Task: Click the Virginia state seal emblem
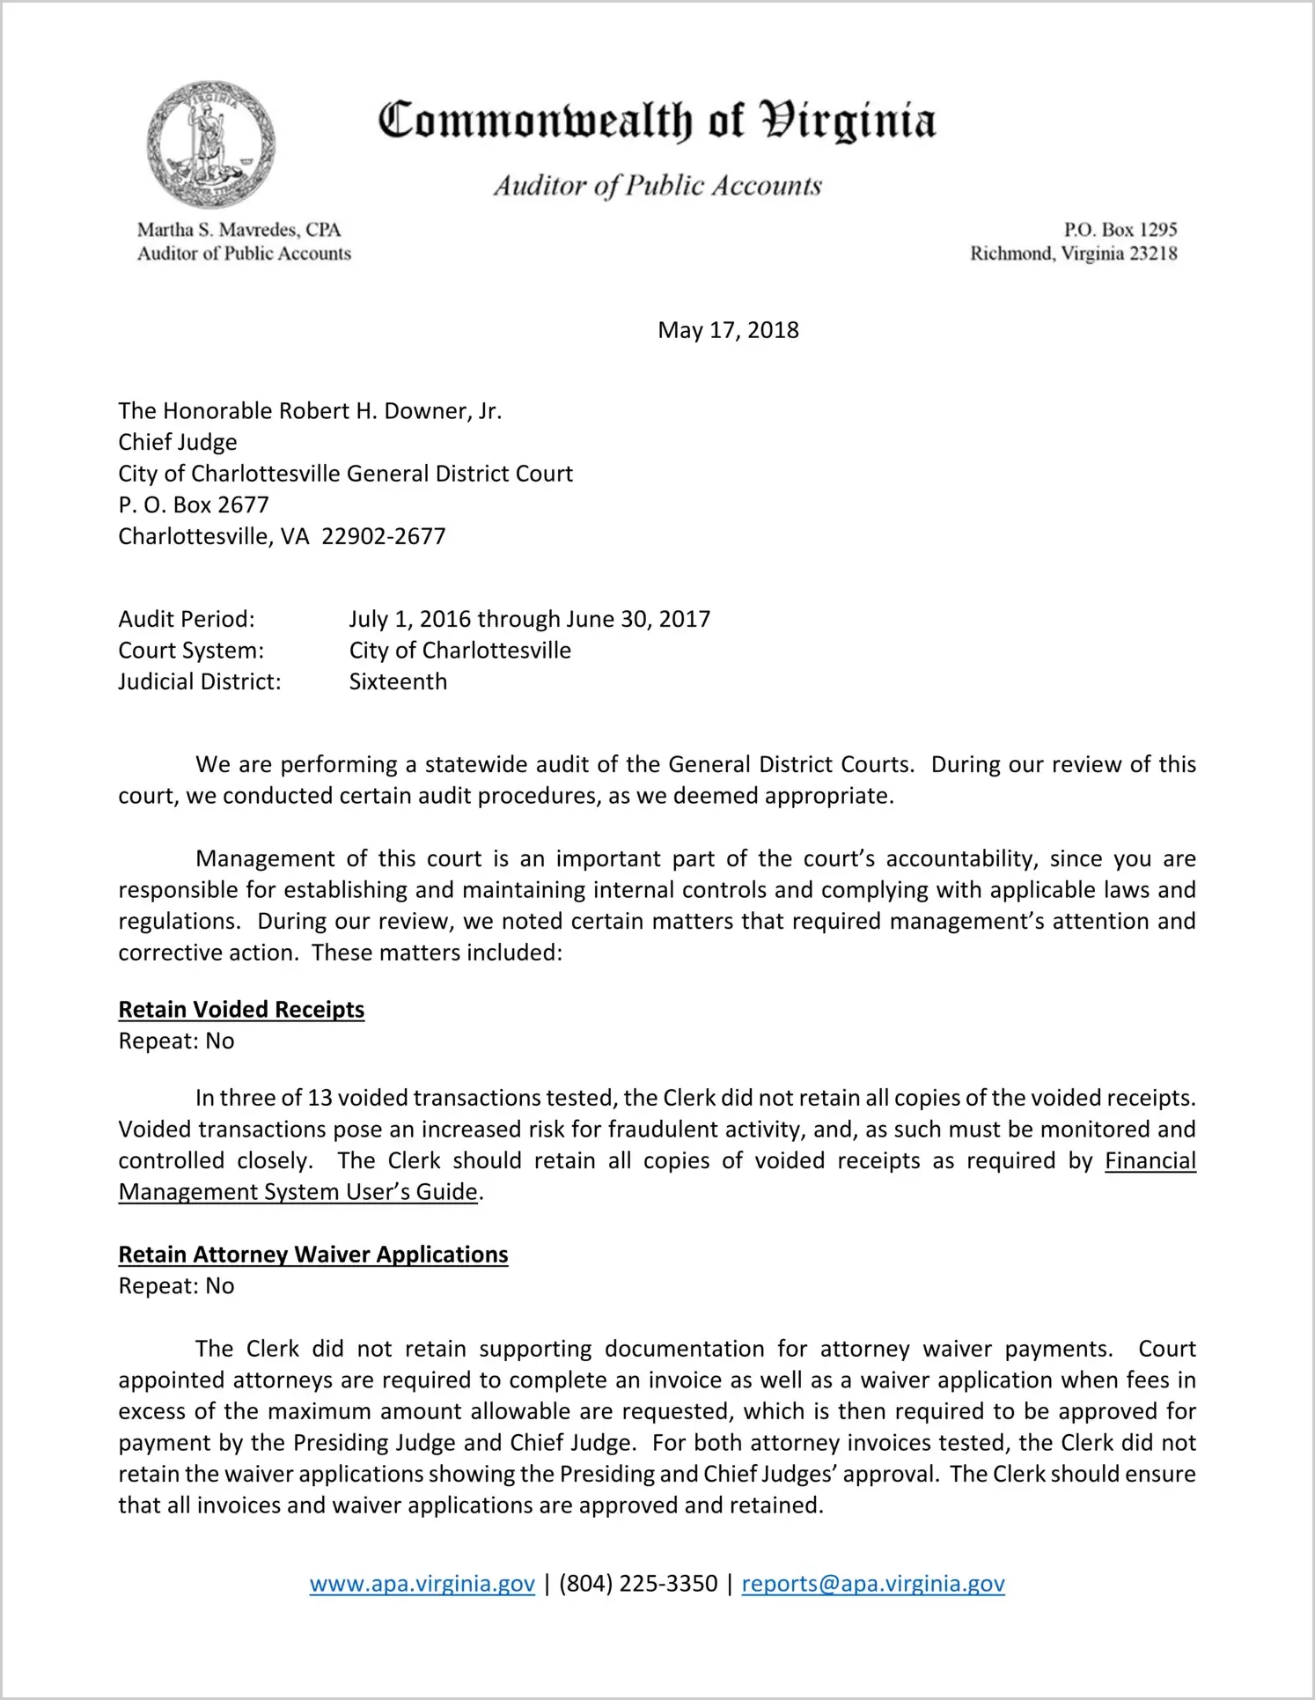[210, 145]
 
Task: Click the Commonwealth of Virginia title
[657, 121]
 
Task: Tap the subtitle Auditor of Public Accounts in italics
[657, 186]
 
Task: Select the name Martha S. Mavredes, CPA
[239, 230]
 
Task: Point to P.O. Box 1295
[1120, 230]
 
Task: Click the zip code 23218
[1152, 254]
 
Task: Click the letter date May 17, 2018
[728, 330]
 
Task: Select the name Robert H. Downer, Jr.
[390, 411]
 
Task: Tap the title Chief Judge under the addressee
[178, 442]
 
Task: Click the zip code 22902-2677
[384, 536]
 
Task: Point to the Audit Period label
[187, 619]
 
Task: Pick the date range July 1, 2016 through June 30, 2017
[529, 619]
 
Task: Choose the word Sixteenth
[398, 681]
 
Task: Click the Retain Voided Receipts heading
[241, 1009]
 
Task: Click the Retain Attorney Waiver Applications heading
[313, 1254]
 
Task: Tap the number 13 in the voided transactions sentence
[317, 1098]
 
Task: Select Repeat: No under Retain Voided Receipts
[176, 1041]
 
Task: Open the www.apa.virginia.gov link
[422, 1584]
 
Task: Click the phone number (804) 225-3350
[638, 1584]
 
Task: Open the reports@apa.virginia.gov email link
[873, 1584]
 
